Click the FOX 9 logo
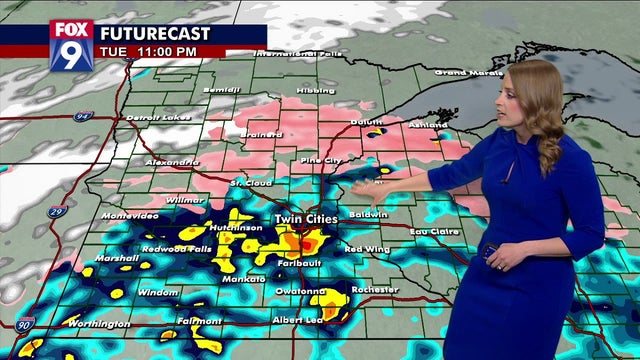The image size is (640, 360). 71,45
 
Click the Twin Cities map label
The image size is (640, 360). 306,218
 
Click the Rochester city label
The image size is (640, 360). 375,290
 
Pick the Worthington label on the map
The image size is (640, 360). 99,324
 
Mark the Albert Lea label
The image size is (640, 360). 297,320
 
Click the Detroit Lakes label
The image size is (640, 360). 158,118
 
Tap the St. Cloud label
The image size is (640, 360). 250,183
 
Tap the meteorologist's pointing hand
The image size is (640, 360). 366,187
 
